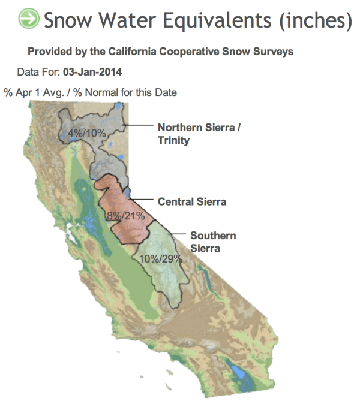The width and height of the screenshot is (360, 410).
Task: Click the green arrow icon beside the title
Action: [28, 19]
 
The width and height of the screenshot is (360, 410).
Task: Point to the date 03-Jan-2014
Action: [92, 72]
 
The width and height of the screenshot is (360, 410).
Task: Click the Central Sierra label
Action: [192, 201]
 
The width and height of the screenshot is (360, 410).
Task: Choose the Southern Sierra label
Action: [212, 241]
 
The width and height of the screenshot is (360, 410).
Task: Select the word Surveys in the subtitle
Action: [275, 52]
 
